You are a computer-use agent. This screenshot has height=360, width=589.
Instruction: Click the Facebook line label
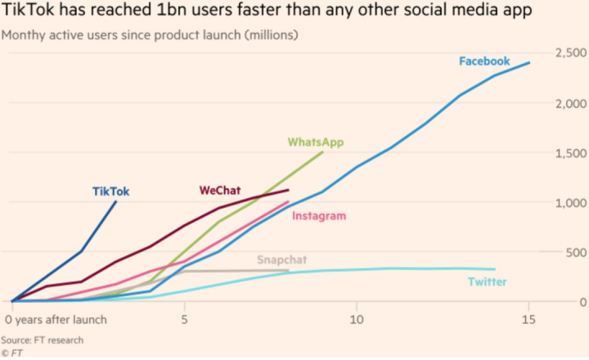484,61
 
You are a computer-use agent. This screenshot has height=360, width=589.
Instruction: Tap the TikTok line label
110,191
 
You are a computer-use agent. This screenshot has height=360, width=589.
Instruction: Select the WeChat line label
220,191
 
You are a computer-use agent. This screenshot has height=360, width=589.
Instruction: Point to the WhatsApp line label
316,142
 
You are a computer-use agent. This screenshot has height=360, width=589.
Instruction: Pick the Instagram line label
319,216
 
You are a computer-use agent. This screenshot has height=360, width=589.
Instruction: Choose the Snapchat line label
281,260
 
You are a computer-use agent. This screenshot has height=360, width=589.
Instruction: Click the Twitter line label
488,282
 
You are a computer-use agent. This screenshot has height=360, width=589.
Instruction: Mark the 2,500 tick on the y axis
567,54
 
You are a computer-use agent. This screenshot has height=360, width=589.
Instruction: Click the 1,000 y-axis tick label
567,203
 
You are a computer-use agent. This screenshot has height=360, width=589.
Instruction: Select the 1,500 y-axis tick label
567,153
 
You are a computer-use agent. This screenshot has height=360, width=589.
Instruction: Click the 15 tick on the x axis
529,317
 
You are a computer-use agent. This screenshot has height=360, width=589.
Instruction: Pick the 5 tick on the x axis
185,317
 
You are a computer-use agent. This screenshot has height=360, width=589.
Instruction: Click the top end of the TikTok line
115,201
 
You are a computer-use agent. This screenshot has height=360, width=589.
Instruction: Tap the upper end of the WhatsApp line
322,152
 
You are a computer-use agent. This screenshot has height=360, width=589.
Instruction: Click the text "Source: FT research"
42,339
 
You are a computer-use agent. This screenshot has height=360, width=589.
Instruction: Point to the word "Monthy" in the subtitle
25,36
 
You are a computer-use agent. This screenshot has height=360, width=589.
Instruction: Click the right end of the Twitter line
495,269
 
